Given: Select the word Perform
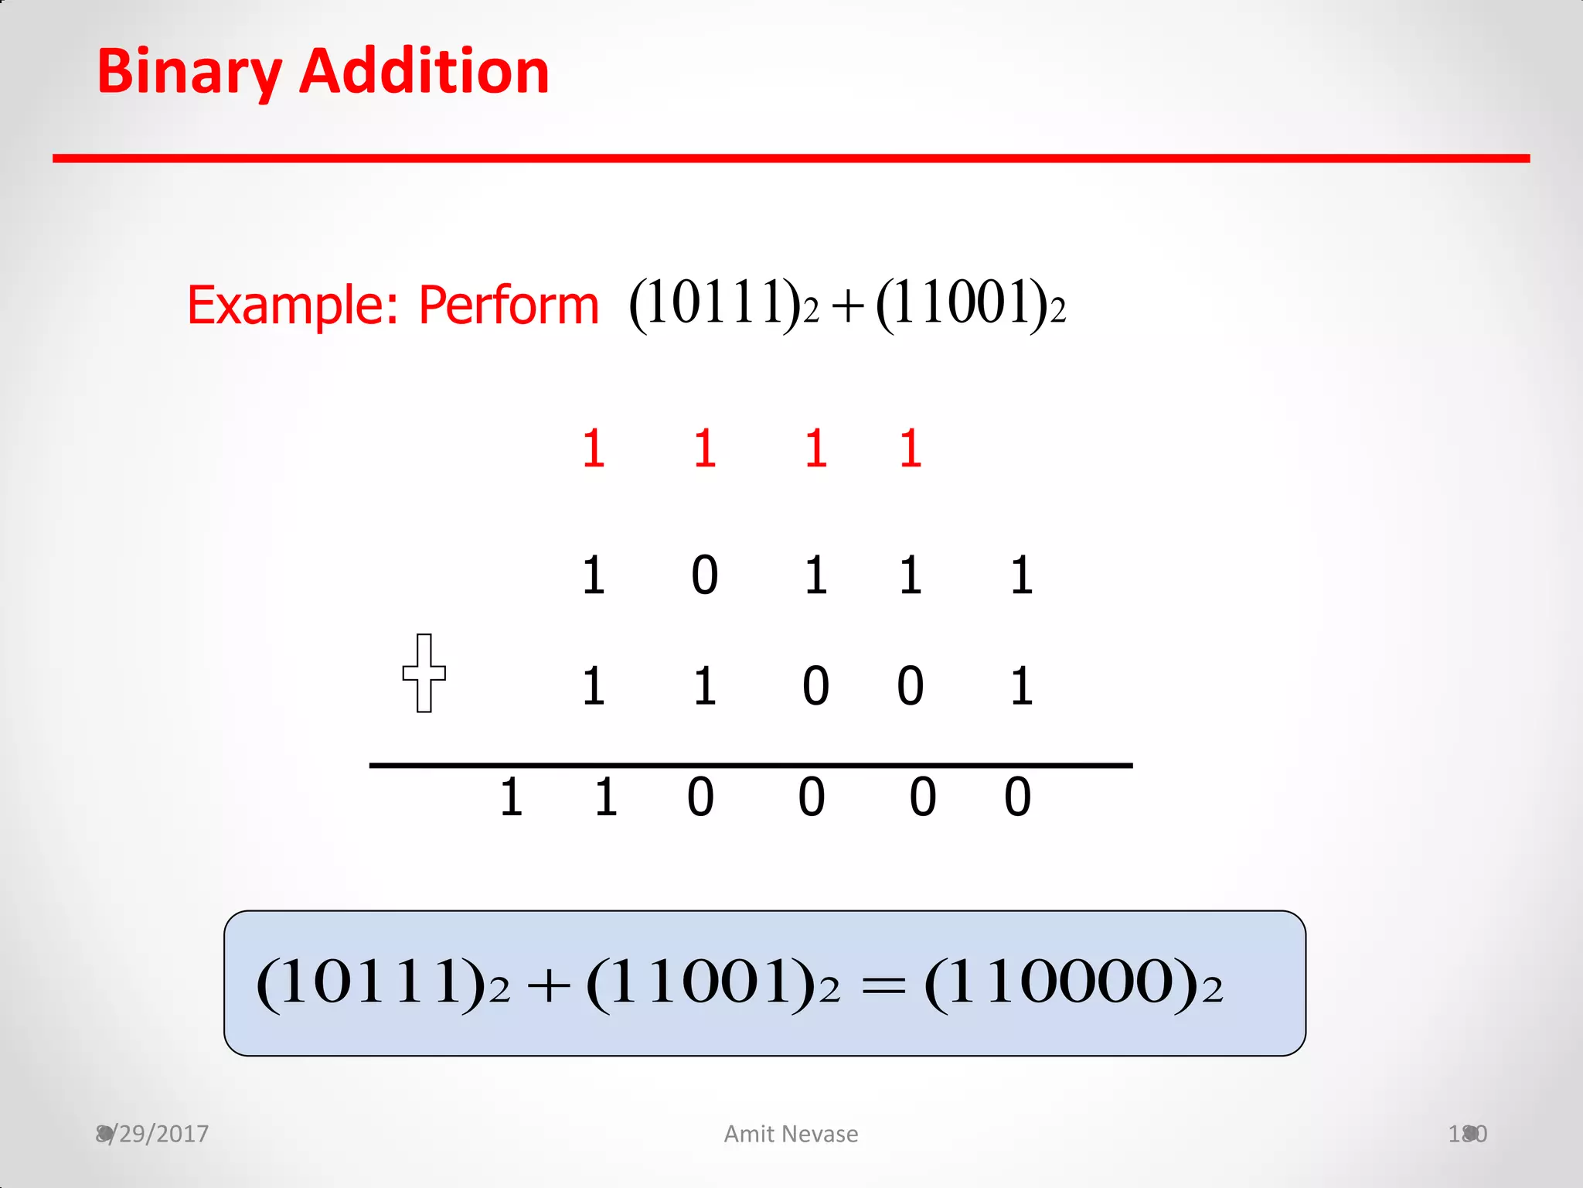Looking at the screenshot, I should [508, 305].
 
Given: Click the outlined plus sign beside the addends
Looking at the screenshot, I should [424, 673].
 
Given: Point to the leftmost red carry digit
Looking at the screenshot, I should [593, 449].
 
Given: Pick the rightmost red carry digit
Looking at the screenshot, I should [911, 449].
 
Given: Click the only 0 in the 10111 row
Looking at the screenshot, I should [704, 575].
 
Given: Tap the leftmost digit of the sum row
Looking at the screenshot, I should [511, 797].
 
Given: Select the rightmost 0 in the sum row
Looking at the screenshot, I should [1017, 797].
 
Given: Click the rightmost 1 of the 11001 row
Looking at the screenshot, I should [1021, 686].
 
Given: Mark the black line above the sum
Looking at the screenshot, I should [751, 765].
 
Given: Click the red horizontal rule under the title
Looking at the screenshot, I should [791, 159].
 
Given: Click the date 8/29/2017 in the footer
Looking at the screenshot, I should [152, 1134].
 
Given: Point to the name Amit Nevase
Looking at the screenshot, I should [791, 1134].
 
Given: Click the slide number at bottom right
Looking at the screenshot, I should [1467, 1134].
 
